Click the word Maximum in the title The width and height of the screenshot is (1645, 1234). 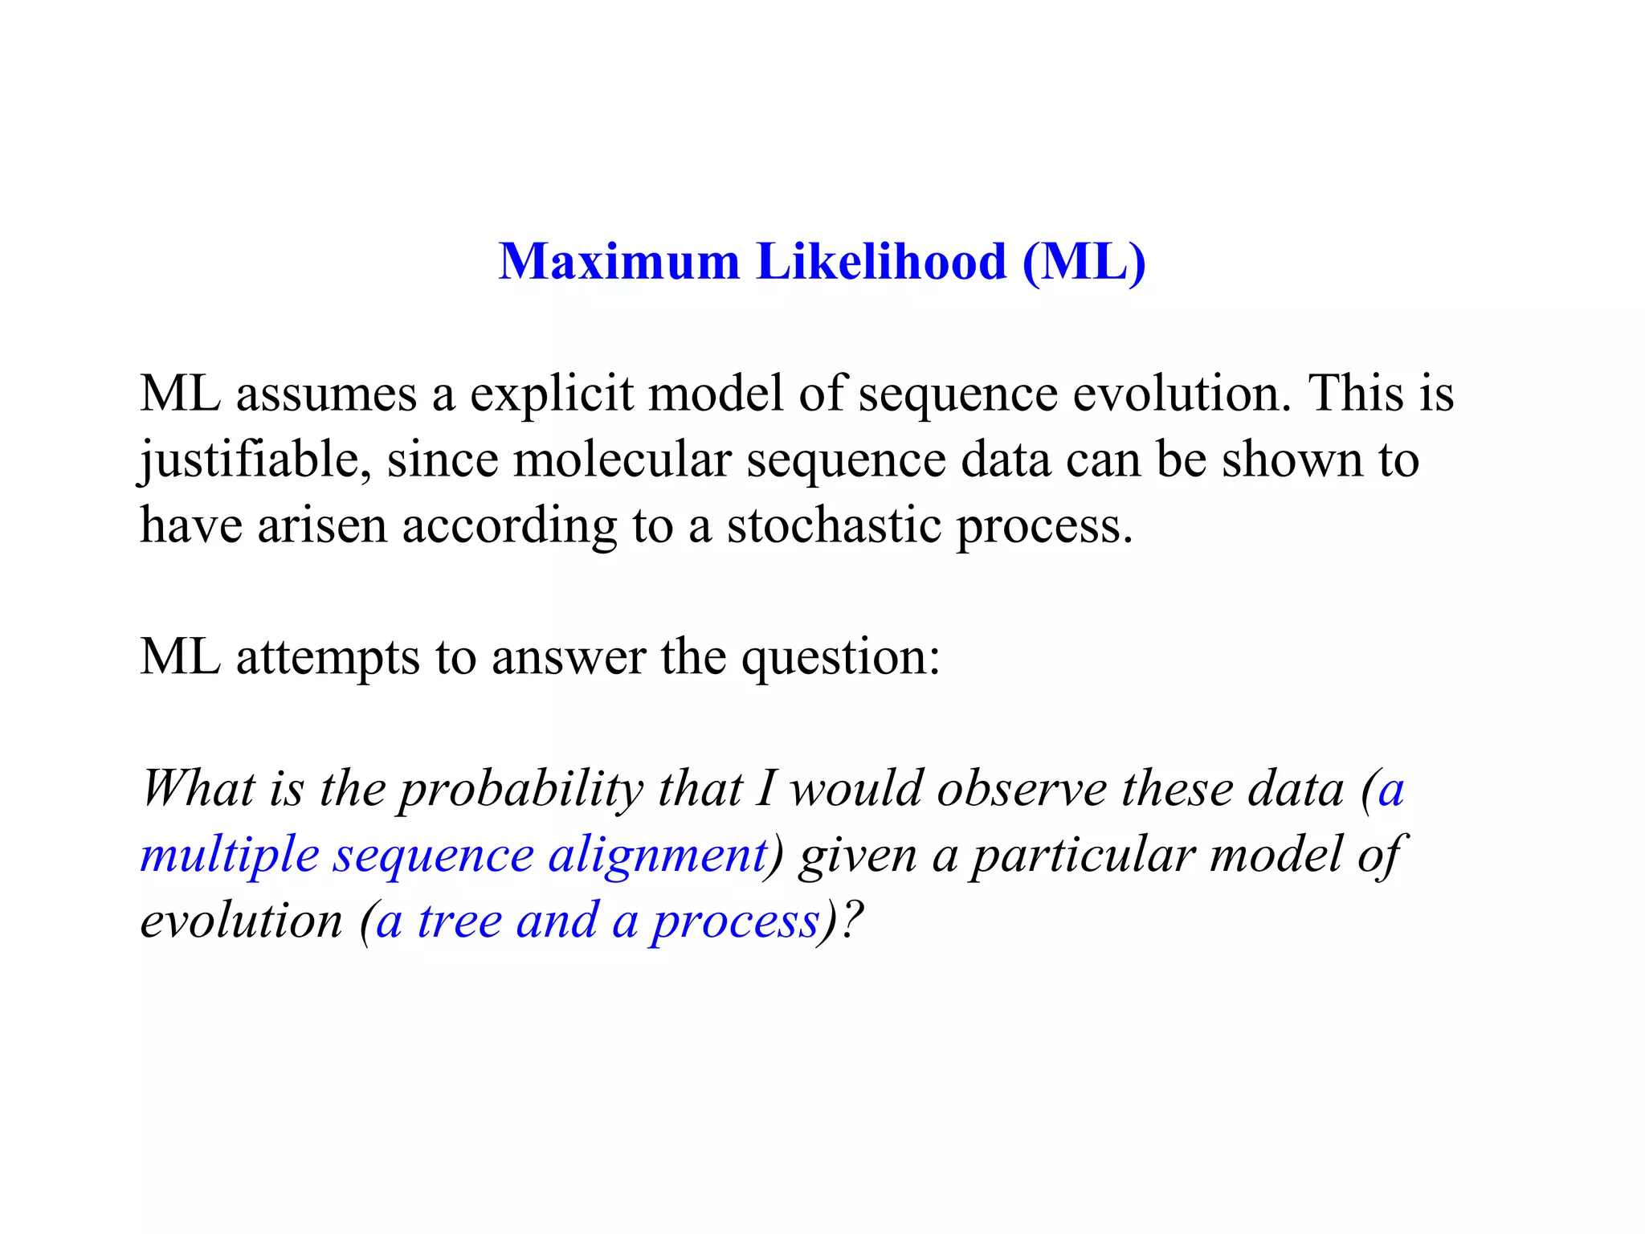(618, 262)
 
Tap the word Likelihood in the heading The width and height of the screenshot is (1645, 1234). (881, 262)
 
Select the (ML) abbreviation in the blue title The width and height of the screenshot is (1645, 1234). (1084, 262)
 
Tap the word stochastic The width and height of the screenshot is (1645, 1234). (834, 526)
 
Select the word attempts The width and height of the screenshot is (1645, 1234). (328, 658)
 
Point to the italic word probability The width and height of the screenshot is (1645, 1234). (521, 790)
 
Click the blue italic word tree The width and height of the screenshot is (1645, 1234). (459, 921)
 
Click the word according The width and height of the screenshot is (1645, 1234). (509, 526)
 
